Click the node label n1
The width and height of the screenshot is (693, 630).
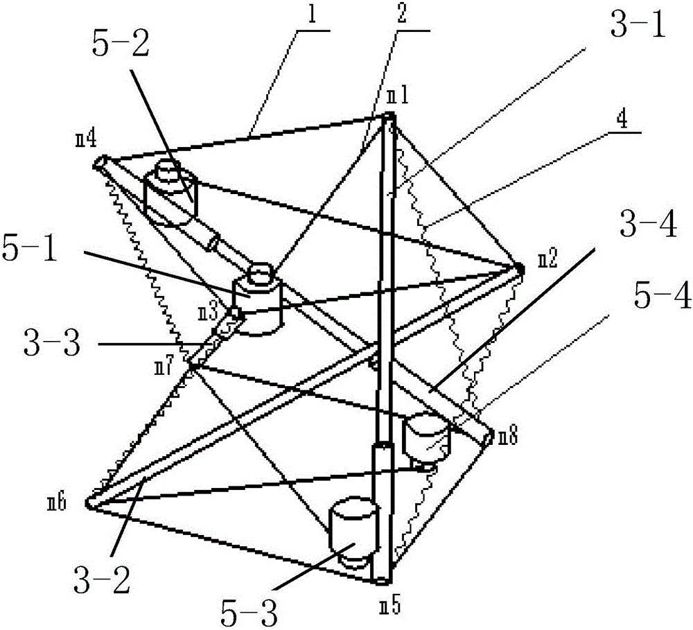point(398,96)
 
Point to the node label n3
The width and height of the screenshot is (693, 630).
point(208,313)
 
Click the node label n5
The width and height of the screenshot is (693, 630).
point(390,606)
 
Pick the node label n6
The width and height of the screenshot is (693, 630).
point(57,503)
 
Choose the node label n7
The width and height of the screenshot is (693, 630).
point(164,367)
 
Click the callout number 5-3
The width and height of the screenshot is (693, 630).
point(249,613)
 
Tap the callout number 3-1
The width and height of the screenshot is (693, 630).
point(637,24)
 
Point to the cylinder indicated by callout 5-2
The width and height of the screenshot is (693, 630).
point(170,192)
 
